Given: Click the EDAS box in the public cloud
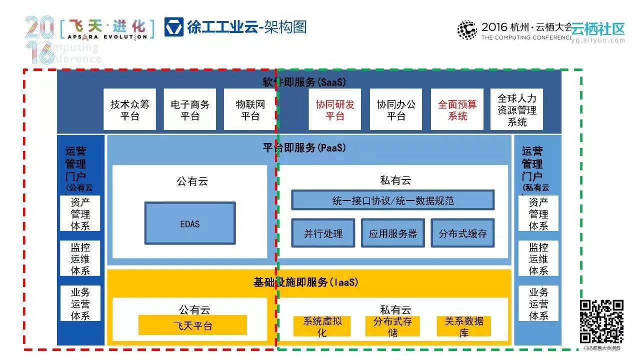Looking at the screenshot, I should pos(190,223).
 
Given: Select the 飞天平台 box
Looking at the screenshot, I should pos(192,325).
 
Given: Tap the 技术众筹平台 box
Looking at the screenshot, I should pos(130,110).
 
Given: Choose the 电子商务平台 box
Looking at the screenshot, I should pos(190,110).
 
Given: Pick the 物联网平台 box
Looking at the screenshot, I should pos(250,110).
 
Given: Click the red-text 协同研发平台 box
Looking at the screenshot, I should pos(335,110).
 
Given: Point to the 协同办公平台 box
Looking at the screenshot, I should pos(396,110).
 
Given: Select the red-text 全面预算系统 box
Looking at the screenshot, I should pos(457,110).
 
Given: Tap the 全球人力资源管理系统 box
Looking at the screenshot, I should pos(517,110).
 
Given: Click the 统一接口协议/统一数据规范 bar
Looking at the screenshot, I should pos(393,200).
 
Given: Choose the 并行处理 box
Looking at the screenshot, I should pos(323,233).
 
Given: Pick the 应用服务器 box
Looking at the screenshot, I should pos(393,233).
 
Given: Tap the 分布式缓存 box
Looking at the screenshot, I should pos(462,233).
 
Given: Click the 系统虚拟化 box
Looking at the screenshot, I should pos(322,326).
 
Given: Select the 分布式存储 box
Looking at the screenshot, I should pos(392,326).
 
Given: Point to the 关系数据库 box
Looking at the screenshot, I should pos(464,326).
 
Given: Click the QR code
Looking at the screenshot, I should pos(601,321).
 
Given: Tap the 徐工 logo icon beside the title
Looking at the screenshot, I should pos(173,26).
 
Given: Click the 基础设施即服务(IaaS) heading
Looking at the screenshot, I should pos(306,282).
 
